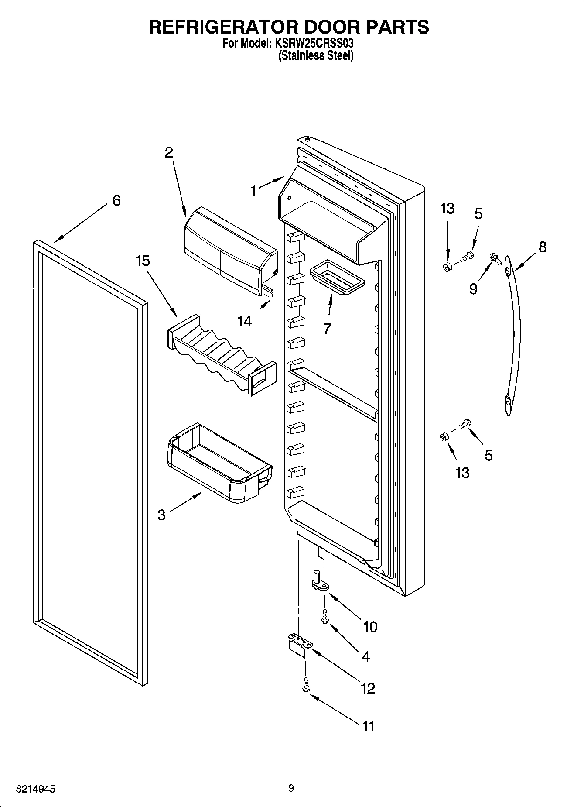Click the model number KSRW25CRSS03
point(314,44)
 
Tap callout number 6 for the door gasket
point(116,200)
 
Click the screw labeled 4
point(324,616)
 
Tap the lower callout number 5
point(488,455)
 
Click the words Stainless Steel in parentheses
point(316,56)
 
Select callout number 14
point(244,321)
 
